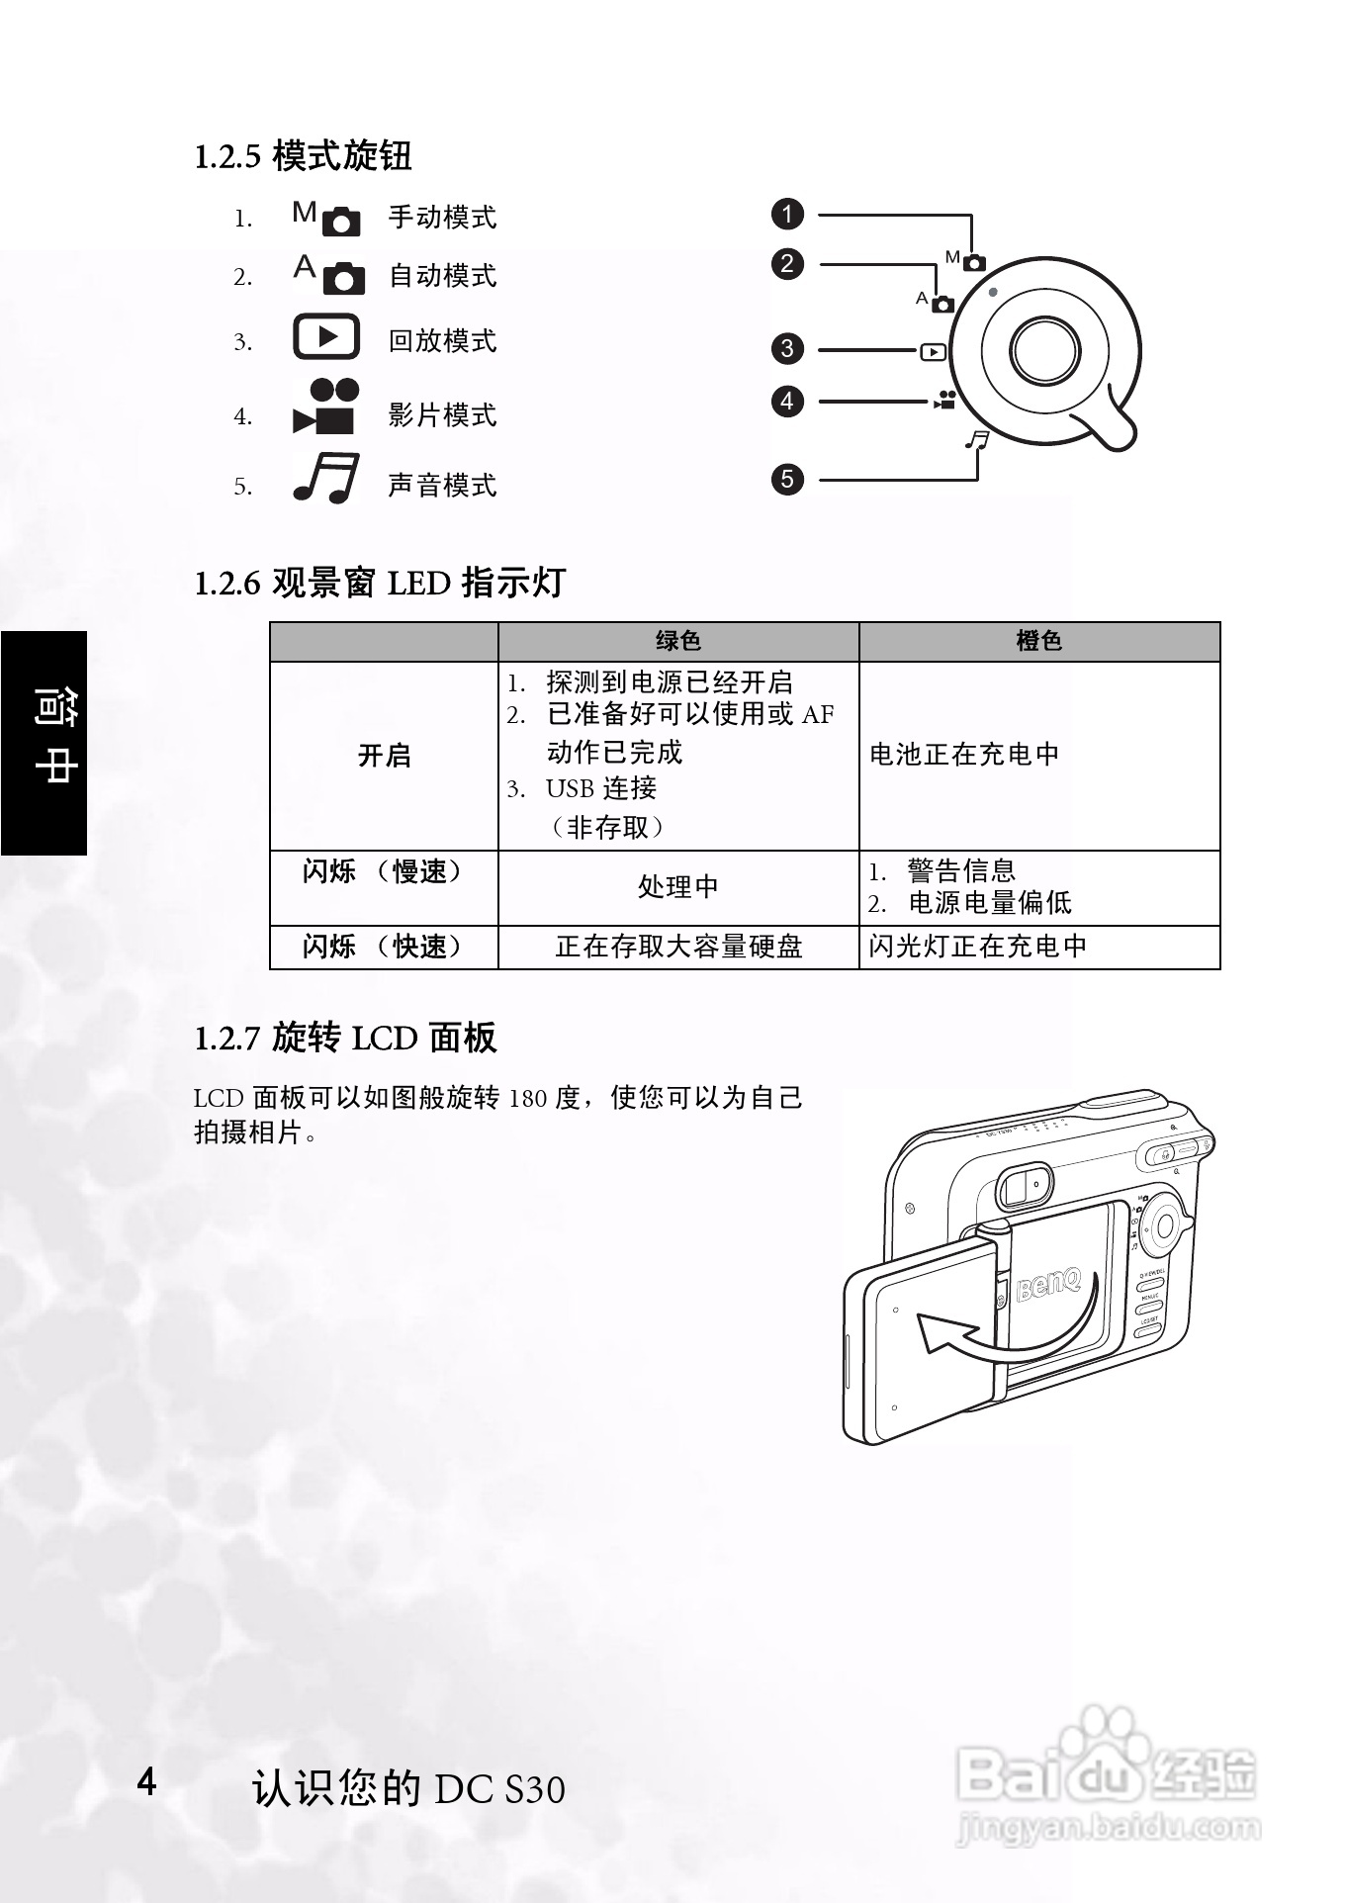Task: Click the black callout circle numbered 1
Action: [787, 215]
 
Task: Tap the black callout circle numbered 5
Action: [787, 480]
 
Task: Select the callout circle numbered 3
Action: [787, 348]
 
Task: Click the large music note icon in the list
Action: [325, 479]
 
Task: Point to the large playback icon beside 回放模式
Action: [326, 337]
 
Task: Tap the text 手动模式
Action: [442, 218]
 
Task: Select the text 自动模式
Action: [442, 276]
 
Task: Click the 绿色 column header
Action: [678, 641]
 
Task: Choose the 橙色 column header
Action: [1038, 641]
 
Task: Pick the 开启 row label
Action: [384, 756]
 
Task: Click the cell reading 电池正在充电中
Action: [964, 755]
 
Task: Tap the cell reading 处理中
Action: [678, 887]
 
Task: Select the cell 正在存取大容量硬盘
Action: [678, 947]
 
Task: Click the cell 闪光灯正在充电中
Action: [978, 947]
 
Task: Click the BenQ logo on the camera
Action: [1048, 1285]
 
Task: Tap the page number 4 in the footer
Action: [146, 1781]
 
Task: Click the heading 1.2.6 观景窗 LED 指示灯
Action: [380, 583]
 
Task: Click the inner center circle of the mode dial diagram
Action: [1045, 350]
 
